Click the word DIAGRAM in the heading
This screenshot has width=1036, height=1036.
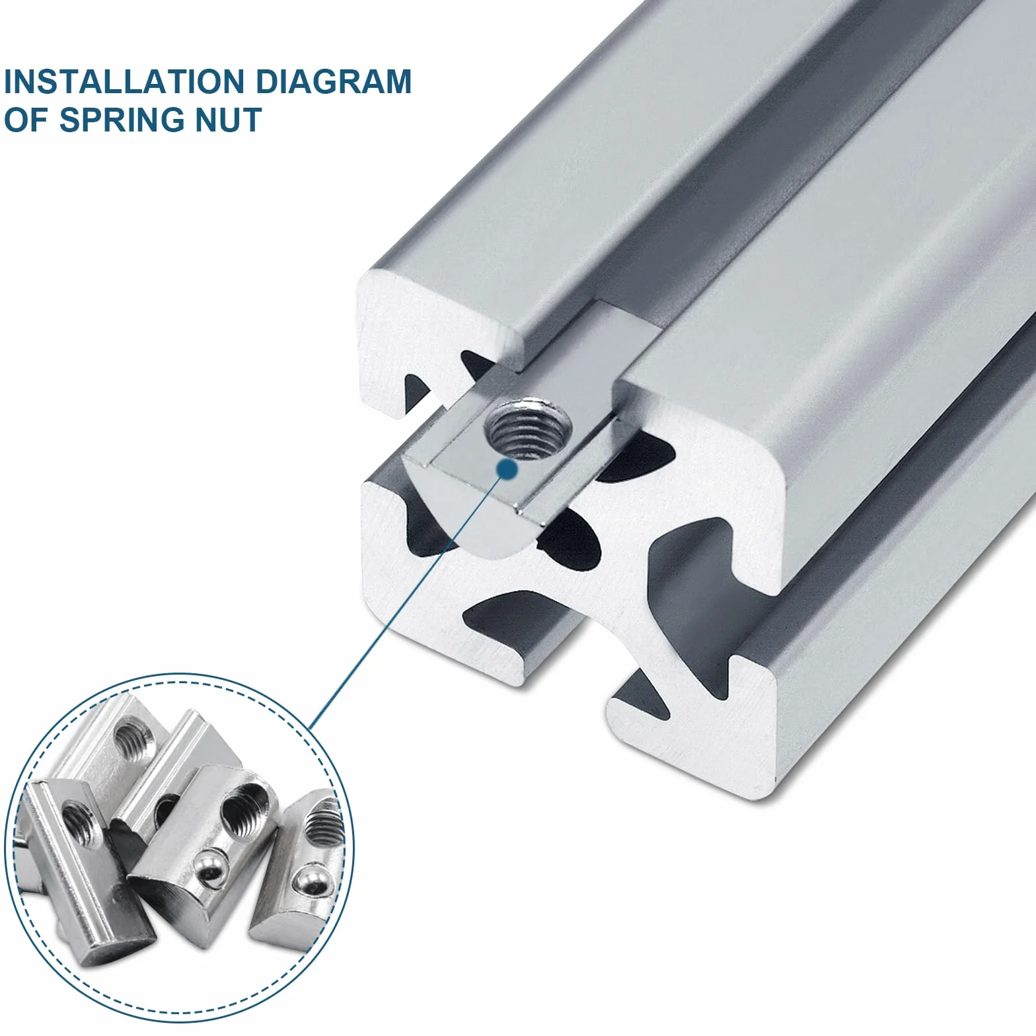[334, 81]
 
